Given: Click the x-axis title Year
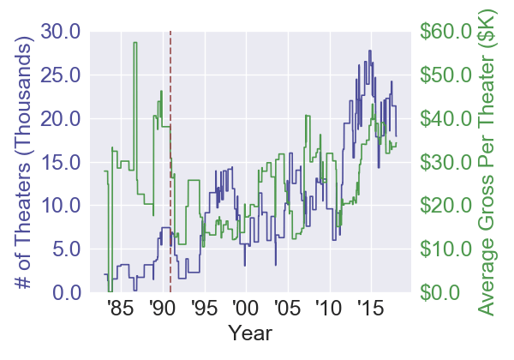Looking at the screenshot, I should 245,332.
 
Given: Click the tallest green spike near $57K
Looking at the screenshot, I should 135,44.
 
